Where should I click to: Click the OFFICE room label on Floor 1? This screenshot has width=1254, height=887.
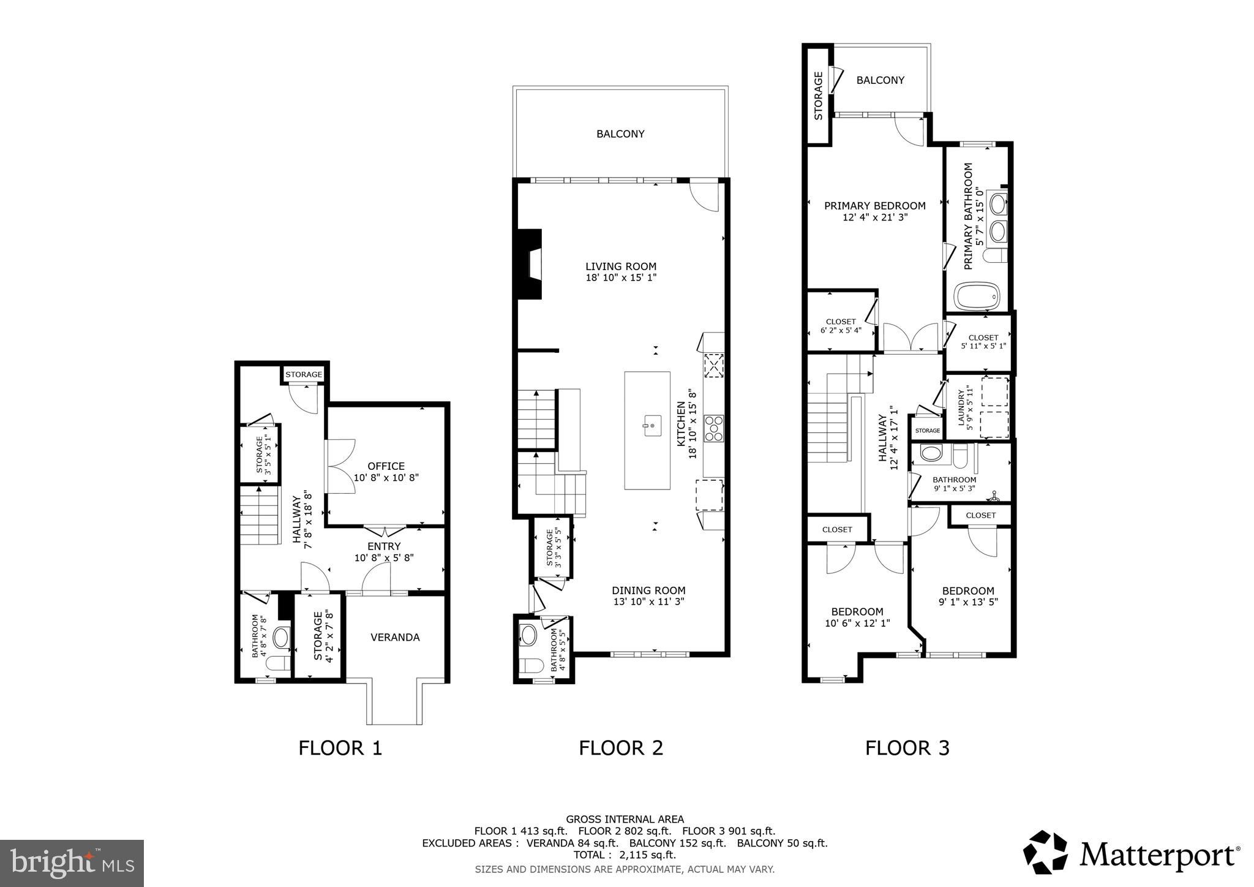(386, 466)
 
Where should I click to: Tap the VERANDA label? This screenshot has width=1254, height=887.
(395, 638)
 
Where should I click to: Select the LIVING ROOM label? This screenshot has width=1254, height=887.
(621, 266)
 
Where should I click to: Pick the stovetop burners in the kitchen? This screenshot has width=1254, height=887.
(714, 428)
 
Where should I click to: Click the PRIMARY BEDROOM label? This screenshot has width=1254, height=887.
(874, 206)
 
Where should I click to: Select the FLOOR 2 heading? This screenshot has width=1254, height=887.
(621, 748)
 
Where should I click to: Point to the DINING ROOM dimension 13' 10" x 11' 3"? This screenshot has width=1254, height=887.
(648, 602)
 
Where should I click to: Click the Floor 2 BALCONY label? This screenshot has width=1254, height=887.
(620, 134)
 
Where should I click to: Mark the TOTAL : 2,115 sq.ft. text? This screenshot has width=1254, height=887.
(624, 855)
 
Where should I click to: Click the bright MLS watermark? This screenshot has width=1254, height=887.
(72, 863)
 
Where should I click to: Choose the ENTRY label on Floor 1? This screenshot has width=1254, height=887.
(384, 546)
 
